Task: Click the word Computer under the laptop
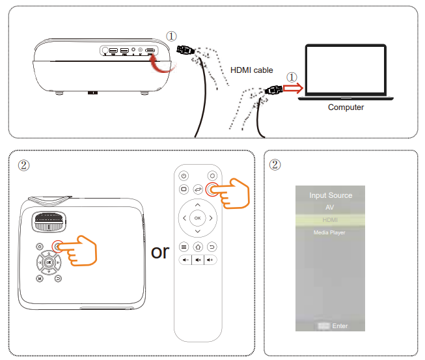point(346,107)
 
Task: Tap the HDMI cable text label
point(252,70)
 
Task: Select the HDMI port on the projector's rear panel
point(150,50)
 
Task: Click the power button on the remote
point(184,176)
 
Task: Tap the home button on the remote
point(198,247)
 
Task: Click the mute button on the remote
point(198,260)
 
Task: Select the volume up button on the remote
point(211,260)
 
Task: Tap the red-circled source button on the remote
point(212,189)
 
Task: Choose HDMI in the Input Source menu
point(330,220)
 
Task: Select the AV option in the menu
point(330,208)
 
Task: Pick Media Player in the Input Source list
point(330,232)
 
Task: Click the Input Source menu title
point(331,195)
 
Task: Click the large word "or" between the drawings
point(159,251)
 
